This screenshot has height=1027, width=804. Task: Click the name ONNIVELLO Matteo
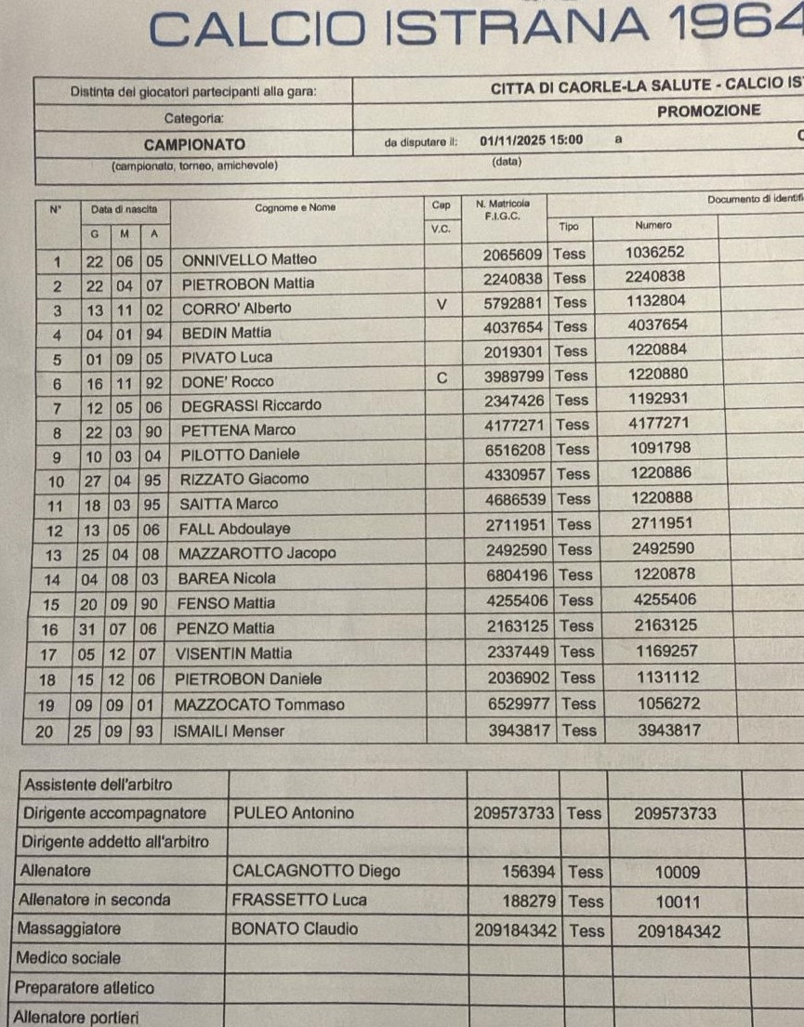click(x=248, y=260)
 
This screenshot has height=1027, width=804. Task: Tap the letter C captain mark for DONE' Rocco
click(x=442, y=377)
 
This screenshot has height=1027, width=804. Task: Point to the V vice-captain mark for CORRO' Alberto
click(x=442, y=303)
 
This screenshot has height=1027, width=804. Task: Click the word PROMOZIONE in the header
click(x=708, y=112)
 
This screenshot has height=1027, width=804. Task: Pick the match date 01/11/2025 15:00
click(x=532, y=141)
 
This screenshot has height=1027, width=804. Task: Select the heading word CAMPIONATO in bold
click(x=194, y=145)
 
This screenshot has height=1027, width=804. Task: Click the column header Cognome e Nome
click(x=296, y=208)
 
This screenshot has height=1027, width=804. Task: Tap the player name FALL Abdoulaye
click(x=235, y=529)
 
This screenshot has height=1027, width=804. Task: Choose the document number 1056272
click(x=668, y=704)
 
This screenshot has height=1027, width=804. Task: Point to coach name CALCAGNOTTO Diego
click(x=316, y=872)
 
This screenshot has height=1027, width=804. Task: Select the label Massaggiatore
click(x=72, y=928)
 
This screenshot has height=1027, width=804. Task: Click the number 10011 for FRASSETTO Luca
click(x=678, y=902)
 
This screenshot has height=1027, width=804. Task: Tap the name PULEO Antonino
click(x=293, y=814)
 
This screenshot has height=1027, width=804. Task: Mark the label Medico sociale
click(x=72, y=958)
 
